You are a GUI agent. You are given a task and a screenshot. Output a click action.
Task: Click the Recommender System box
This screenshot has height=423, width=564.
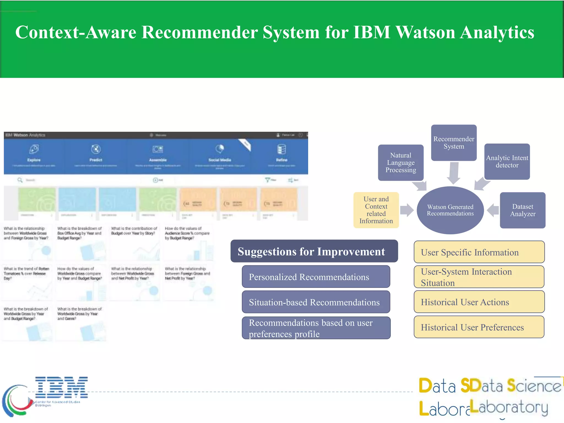[454, 143]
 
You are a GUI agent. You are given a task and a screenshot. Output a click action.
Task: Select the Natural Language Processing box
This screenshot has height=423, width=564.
[401, 162]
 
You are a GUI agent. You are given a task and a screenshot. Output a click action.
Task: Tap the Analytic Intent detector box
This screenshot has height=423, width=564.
[507, 162]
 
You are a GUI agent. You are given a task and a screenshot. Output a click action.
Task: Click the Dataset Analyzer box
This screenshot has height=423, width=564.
[522, 210]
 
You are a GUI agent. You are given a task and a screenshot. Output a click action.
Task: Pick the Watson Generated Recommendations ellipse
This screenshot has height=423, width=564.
[450, 210]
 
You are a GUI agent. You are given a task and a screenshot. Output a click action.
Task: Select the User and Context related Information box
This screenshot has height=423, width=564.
[376, 210]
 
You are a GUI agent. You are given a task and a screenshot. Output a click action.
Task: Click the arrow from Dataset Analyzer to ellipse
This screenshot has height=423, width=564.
[493, 210]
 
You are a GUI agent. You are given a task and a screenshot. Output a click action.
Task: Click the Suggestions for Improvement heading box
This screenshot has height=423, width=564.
[314, 251]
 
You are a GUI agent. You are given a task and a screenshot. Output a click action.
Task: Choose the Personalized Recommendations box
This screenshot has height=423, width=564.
[316, 277]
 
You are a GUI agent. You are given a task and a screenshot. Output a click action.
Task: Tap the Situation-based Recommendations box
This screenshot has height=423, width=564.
[316, 302]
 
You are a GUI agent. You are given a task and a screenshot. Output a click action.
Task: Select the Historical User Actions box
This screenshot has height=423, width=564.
[479, 302]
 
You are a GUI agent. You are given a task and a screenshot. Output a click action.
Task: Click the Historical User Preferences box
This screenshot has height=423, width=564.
[479, 327]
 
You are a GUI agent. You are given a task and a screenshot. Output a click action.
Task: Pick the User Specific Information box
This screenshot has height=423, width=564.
[479, 252]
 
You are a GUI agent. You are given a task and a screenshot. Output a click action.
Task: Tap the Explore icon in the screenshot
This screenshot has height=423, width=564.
[34, 149]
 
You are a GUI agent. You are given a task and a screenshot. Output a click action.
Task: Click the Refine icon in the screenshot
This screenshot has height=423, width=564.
[281, 149]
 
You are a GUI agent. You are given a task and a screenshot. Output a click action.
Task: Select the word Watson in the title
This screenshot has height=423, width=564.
[426, 32]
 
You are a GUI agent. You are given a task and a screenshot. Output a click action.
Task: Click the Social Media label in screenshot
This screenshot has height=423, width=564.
[219, 160]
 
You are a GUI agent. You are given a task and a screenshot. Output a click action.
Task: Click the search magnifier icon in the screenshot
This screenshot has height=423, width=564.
[20, 180]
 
